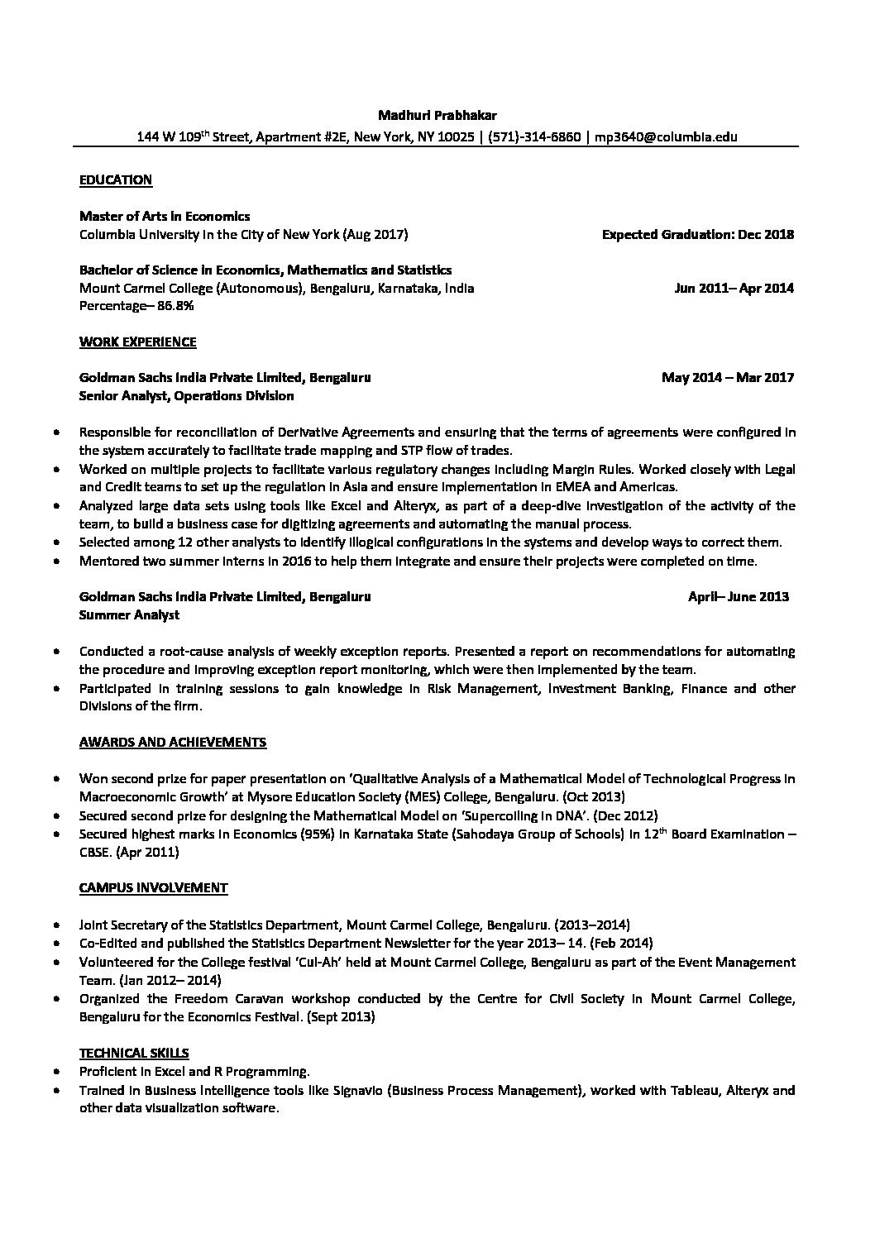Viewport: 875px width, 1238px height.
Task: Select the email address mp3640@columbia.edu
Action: click(x=666, y=136)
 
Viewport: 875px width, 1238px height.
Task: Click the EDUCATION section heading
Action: click(x=115, y=179)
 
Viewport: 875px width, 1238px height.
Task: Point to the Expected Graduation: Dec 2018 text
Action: click(x=697, y=234)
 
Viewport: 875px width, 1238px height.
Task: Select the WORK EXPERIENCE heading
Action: click(x=137, y=342)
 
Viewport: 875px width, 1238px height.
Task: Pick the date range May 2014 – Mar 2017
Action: click(x=727, y=378)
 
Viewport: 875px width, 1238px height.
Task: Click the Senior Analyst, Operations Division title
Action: click(x=186, y=396)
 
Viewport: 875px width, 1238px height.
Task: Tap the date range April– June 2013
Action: click(x=738, y=596)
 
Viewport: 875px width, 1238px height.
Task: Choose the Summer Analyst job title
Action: click(x=129, y=614)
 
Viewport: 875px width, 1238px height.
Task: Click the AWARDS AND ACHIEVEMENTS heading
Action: click(x=172, y=742)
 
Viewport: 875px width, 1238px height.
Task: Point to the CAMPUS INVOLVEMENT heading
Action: click(x=153, y=887)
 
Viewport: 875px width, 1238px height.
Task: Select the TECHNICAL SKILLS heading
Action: click(x=134, y=1053)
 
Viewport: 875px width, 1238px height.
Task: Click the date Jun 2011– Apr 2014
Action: click(x=734, y=289)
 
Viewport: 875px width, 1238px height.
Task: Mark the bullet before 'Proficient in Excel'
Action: click(x=55, y=1072)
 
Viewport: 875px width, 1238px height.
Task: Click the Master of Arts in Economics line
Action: click(x=164, y=216)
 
